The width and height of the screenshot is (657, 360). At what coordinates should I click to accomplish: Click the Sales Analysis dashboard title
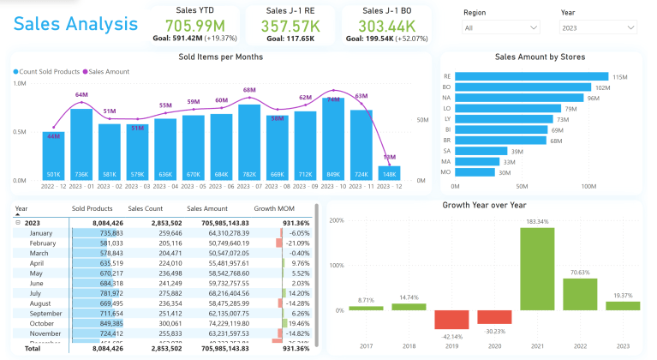coord(75,23)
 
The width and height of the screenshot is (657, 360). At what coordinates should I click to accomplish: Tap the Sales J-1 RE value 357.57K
coord(290,26)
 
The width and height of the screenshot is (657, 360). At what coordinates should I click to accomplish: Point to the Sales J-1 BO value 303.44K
coord(386,26)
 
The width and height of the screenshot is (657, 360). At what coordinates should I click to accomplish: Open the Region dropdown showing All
coord(501,28)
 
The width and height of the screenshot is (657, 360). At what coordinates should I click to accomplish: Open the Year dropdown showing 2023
coord(598,28)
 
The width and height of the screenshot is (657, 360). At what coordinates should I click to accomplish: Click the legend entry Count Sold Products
coord(47,72)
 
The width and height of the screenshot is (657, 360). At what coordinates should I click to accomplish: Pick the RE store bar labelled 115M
coord(531,77)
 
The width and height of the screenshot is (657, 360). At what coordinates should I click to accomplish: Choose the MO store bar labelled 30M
coord(475,172)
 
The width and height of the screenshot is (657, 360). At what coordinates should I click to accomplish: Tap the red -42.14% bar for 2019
coord(451,319)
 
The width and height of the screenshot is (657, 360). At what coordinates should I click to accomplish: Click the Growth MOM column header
coord(272,208)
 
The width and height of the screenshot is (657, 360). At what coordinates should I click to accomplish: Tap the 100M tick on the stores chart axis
coord(588,186)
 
